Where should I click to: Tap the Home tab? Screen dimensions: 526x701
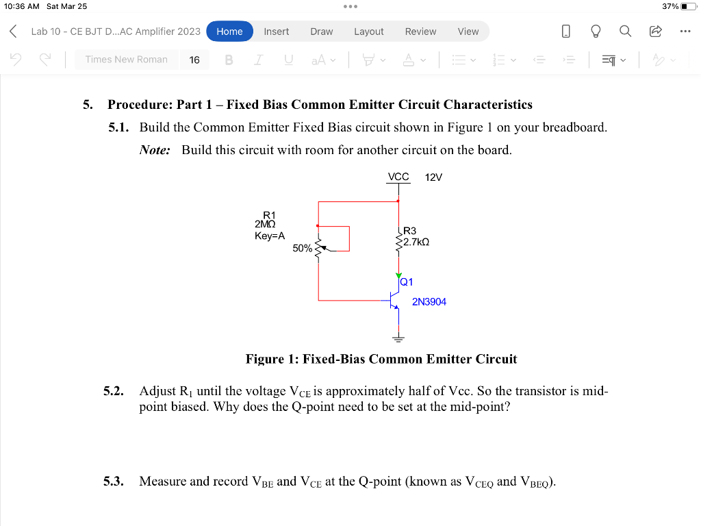point(229,32)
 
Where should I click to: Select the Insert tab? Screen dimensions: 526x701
point(277,32)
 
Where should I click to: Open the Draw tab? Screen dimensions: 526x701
point(321,32)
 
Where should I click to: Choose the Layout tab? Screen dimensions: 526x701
point(368,32)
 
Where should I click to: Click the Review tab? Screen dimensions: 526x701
point(420,32)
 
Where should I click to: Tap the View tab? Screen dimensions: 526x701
point(468,32)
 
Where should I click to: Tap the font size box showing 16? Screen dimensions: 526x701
point(194,60)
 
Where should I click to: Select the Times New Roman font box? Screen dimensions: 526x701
point(126,60)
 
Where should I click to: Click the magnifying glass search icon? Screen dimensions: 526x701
point(625,32)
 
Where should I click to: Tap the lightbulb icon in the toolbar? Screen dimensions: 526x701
point(596,32)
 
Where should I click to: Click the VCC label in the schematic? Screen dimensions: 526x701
point(398,177)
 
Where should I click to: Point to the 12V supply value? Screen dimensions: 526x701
point(433,177)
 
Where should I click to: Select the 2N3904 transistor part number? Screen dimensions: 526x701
point(429,301)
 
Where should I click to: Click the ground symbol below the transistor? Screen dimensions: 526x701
point(398,338)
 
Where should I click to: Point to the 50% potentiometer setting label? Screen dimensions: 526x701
point(302,249)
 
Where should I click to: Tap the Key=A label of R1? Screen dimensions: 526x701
point(269,236)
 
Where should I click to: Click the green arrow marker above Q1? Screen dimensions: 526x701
point(398,275)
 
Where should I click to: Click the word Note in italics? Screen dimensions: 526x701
point(155,150)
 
